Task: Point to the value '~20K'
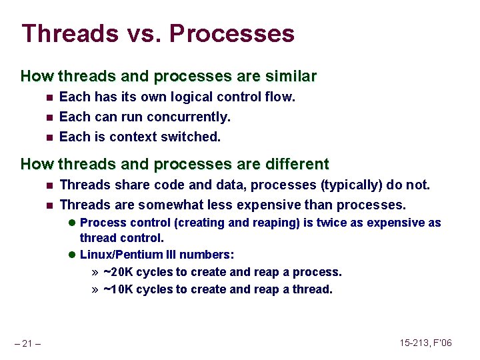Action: tap(119, 272)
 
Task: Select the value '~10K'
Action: tap(119, 289)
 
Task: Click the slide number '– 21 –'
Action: tap(27, 343)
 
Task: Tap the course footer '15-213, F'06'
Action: tap(425, 343)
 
